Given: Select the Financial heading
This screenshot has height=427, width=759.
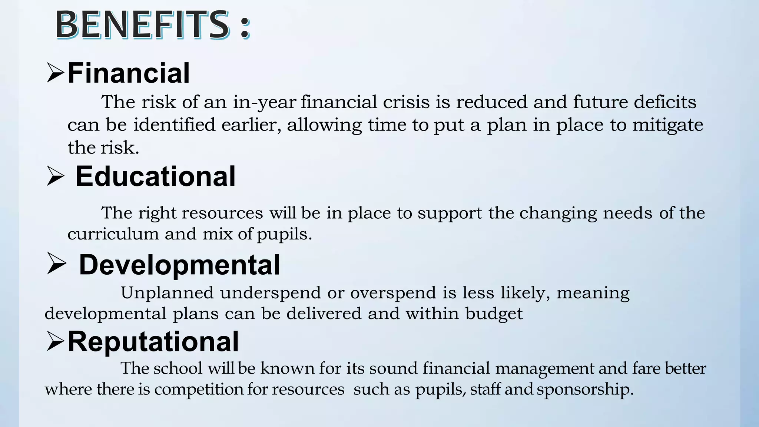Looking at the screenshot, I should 129,73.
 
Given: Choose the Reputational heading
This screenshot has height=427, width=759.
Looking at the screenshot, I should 153,341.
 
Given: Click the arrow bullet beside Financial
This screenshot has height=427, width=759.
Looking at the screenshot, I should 55,73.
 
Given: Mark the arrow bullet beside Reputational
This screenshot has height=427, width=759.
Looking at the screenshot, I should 55,341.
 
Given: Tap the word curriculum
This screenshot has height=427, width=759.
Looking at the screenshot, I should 113,234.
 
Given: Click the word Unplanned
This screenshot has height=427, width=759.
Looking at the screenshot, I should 167,293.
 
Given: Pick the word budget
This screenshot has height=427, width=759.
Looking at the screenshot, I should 494,314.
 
